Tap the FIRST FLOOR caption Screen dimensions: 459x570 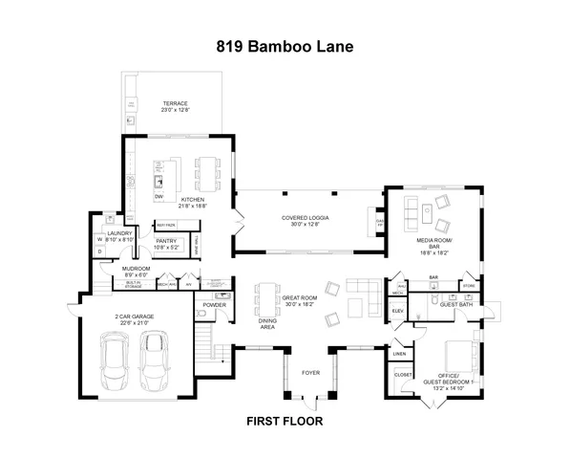285,420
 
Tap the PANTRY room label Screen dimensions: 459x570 167,243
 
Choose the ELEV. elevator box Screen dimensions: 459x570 398,312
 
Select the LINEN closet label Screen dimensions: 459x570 398,354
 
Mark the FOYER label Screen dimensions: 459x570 311,373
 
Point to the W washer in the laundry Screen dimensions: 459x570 99,240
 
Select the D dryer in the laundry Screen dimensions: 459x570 99,251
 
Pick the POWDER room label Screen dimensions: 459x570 214,307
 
